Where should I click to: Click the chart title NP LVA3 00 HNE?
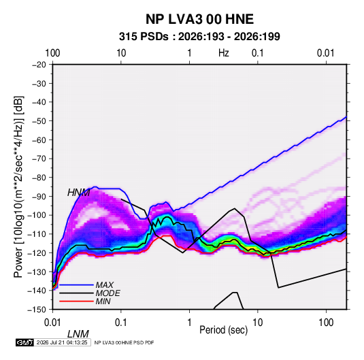199,19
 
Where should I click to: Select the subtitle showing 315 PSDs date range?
199,37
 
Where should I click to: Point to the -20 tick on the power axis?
39,65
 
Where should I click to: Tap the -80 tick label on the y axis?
39,177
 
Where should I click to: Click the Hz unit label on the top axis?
224,53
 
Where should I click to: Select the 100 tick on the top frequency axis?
52,53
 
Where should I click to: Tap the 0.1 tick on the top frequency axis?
258,53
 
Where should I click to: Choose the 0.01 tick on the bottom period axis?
52,322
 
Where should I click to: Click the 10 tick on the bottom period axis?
258,322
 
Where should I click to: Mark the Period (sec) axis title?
224,330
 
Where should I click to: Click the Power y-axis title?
18,186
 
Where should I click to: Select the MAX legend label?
105,284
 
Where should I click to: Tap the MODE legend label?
108,293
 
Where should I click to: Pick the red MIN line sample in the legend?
76,301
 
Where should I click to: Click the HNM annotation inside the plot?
78,193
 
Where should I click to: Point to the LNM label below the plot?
78,334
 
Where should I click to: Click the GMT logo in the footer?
25,342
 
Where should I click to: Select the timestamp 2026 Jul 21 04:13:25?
62,342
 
